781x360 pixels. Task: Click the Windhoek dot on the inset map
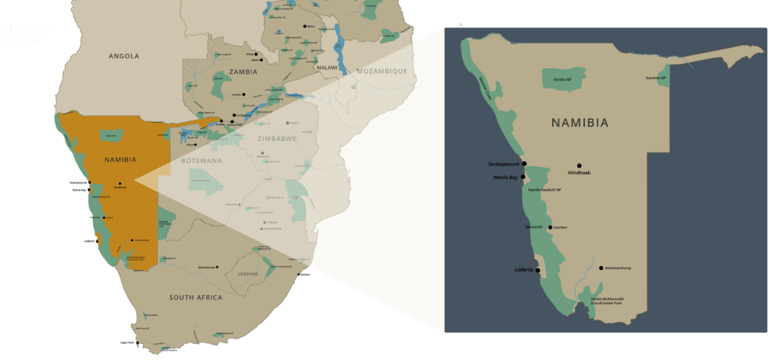579,166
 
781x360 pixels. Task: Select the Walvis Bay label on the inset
504,178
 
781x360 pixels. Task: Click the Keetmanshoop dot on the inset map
601,268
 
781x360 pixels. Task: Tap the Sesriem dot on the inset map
550,227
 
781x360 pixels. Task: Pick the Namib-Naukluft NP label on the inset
545,190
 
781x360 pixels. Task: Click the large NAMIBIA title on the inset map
580,123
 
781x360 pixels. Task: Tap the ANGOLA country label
124,56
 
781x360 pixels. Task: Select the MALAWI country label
327,68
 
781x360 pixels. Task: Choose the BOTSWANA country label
201,162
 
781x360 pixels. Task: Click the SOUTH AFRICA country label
196,297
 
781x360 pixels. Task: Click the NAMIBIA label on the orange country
121,160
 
